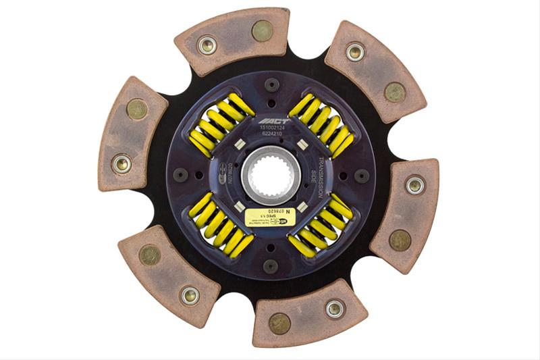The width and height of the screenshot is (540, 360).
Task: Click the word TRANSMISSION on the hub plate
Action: tap(323, 166)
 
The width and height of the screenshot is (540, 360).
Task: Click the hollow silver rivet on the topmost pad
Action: tap(207, 45)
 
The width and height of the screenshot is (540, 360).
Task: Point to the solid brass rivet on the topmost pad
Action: tap(261, 30)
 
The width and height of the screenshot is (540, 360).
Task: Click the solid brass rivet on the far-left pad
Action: tap(137, 108)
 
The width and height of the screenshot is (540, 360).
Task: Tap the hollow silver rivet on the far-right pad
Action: tap(414, 184)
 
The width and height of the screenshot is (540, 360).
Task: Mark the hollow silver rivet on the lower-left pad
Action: tap(190, 295)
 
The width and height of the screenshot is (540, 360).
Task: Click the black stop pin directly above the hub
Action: tap(271, 85)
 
